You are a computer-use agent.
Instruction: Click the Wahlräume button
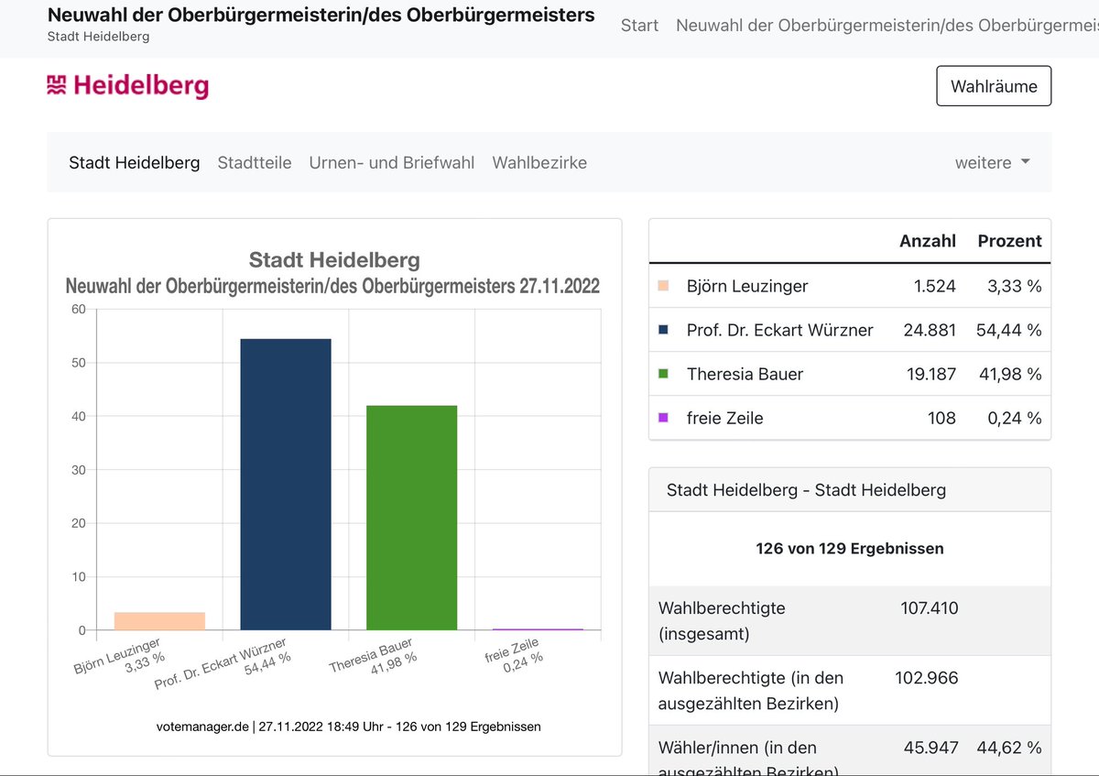pos(994,86)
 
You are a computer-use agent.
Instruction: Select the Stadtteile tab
pos(255,162)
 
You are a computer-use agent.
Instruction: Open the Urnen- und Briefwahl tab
pos(392,162)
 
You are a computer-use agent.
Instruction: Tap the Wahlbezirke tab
pos(539,162)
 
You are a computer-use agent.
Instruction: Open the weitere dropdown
pos(993,162)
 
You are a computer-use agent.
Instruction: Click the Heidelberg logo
pos(128,86)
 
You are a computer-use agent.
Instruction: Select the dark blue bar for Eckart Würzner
pos(286,484)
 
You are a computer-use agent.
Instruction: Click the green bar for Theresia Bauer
pos(411,518)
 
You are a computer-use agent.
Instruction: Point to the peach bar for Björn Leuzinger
pos(159,621)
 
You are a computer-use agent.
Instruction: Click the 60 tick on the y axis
pos(78,310)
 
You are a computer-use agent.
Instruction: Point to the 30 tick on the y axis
pos(78,470)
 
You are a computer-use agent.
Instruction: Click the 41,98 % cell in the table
pos(1009,374)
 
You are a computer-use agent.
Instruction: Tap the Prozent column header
pos(1009,241)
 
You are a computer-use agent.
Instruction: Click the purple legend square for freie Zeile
pos(663,418)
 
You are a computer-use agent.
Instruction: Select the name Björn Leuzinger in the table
pos(747,286)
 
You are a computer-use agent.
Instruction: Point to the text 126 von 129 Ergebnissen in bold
pos(849,549)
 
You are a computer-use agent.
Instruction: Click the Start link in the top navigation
pos(639,25)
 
